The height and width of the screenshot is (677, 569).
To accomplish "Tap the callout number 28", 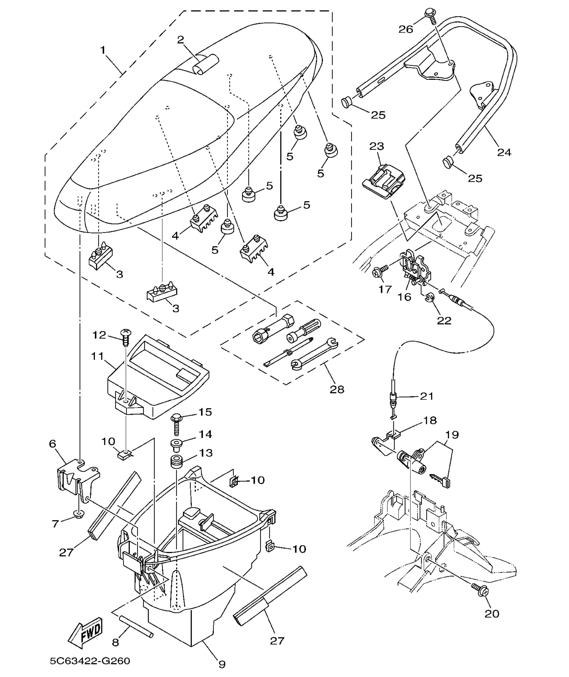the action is [x=337, y=389].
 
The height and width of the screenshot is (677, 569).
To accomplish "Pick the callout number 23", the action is [x=376, y=146].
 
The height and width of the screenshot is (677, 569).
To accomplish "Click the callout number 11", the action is [x=97, y=356].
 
